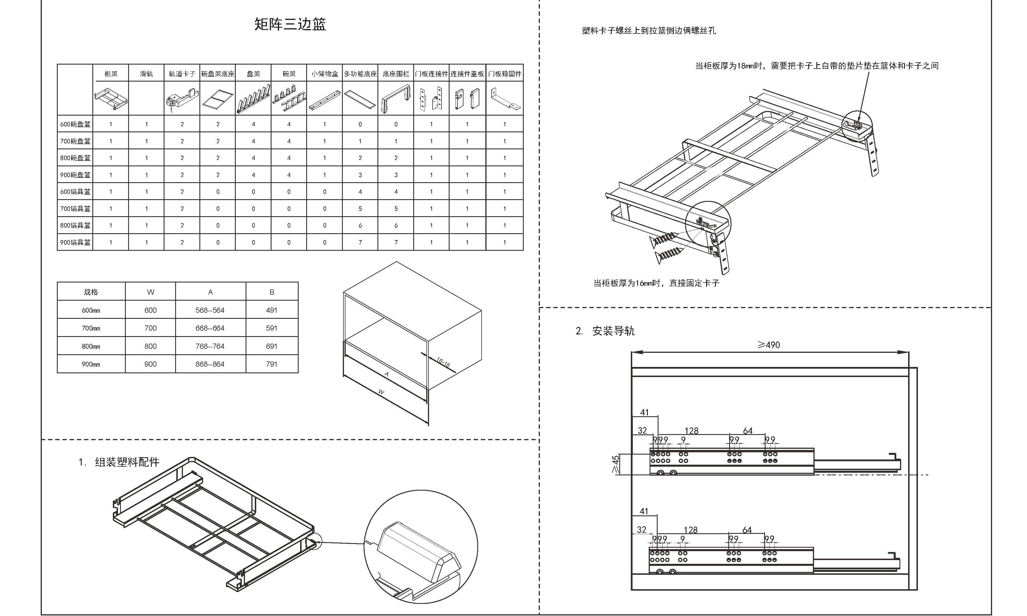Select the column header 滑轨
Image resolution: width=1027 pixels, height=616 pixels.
(146, 74)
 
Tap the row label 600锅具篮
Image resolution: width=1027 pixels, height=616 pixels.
(75, 192)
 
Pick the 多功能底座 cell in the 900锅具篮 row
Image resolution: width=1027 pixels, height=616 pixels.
(360, 242)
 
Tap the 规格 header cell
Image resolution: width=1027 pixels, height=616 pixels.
(91, 292)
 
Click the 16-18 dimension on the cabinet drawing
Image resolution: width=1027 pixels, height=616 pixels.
(443, 362)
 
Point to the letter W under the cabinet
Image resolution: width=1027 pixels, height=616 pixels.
(381, 392)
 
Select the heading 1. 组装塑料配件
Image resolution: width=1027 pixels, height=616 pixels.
(119, 462)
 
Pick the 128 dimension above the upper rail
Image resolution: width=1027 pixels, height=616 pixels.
(691, 431)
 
